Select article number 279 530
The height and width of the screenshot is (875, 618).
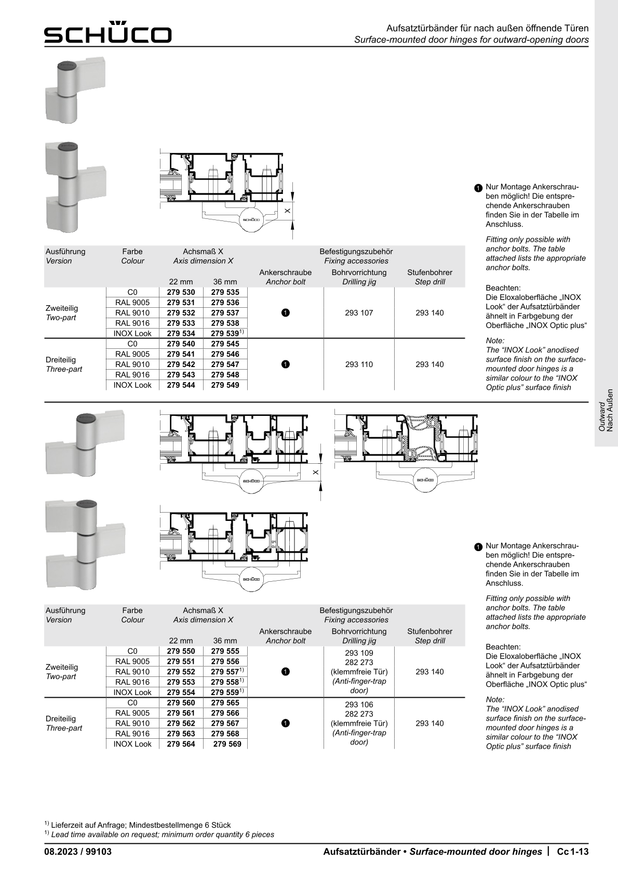point(181,292)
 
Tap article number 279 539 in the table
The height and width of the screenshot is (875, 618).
point(225,333)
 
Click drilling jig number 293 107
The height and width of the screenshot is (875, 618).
point(359,313)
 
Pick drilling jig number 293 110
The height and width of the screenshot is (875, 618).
point(359,364)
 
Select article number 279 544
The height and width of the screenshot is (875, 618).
point(181,385)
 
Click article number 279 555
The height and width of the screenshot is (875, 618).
point(225,651)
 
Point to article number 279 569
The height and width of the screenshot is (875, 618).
point(227,744)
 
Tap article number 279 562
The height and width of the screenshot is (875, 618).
point(181,723)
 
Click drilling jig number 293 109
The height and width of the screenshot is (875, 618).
point(359,653)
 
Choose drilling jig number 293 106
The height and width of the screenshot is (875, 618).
point(359,704)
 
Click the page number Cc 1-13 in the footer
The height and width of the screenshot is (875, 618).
point(572,852)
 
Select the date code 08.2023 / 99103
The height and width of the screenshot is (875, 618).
point(78,852)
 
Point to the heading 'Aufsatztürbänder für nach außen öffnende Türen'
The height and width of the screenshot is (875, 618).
point(487,28)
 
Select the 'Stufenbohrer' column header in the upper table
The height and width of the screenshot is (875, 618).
point(429,272)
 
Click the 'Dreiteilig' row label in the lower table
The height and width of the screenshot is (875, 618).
point(61,719)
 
